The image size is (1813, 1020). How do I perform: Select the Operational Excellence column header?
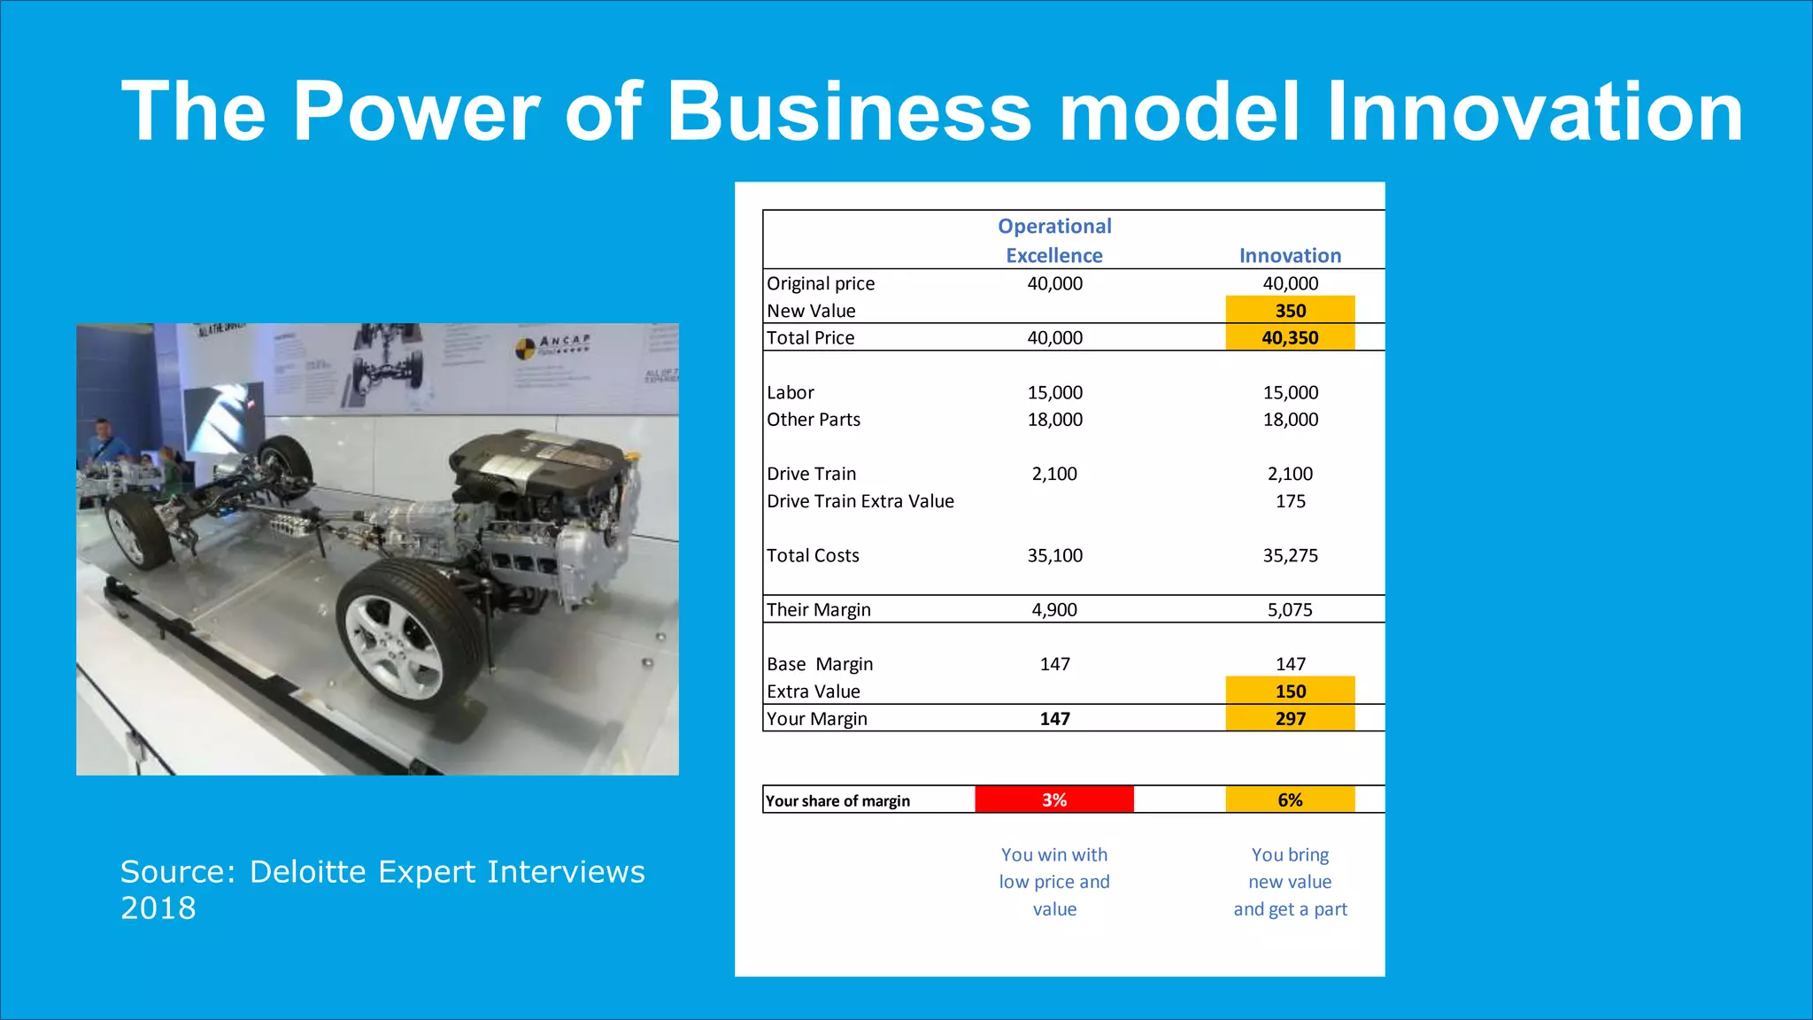[1054, 241]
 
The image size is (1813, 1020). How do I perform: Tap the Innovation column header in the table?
[1290, 256]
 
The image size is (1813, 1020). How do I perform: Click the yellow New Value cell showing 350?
[1290, 310]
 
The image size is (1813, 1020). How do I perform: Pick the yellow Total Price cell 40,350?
[1290, 337]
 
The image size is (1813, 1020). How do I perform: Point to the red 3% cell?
[1054, 800]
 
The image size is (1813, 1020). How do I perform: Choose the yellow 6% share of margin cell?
[1290, 800]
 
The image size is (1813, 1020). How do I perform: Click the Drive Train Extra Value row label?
[860, 501]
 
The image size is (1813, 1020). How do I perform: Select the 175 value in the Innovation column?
[1290, 501]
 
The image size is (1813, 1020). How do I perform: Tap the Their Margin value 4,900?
[1054, 609]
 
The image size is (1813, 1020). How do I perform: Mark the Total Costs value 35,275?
[1290, 555]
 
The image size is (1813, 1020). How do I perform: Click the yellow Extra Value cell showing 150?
[1290, 691]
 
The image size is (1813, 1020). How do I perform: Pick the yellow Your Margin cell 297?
[1290, 718]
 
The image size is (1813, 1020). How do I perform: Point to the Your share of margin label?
[837, 800]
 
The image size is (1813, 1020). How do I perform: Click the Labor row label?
[791, 392]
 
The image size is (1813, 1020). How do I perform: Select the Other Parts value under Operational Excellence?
[1054, 420]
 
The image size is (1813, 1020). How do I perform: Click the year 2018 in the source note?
[158, 908]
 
